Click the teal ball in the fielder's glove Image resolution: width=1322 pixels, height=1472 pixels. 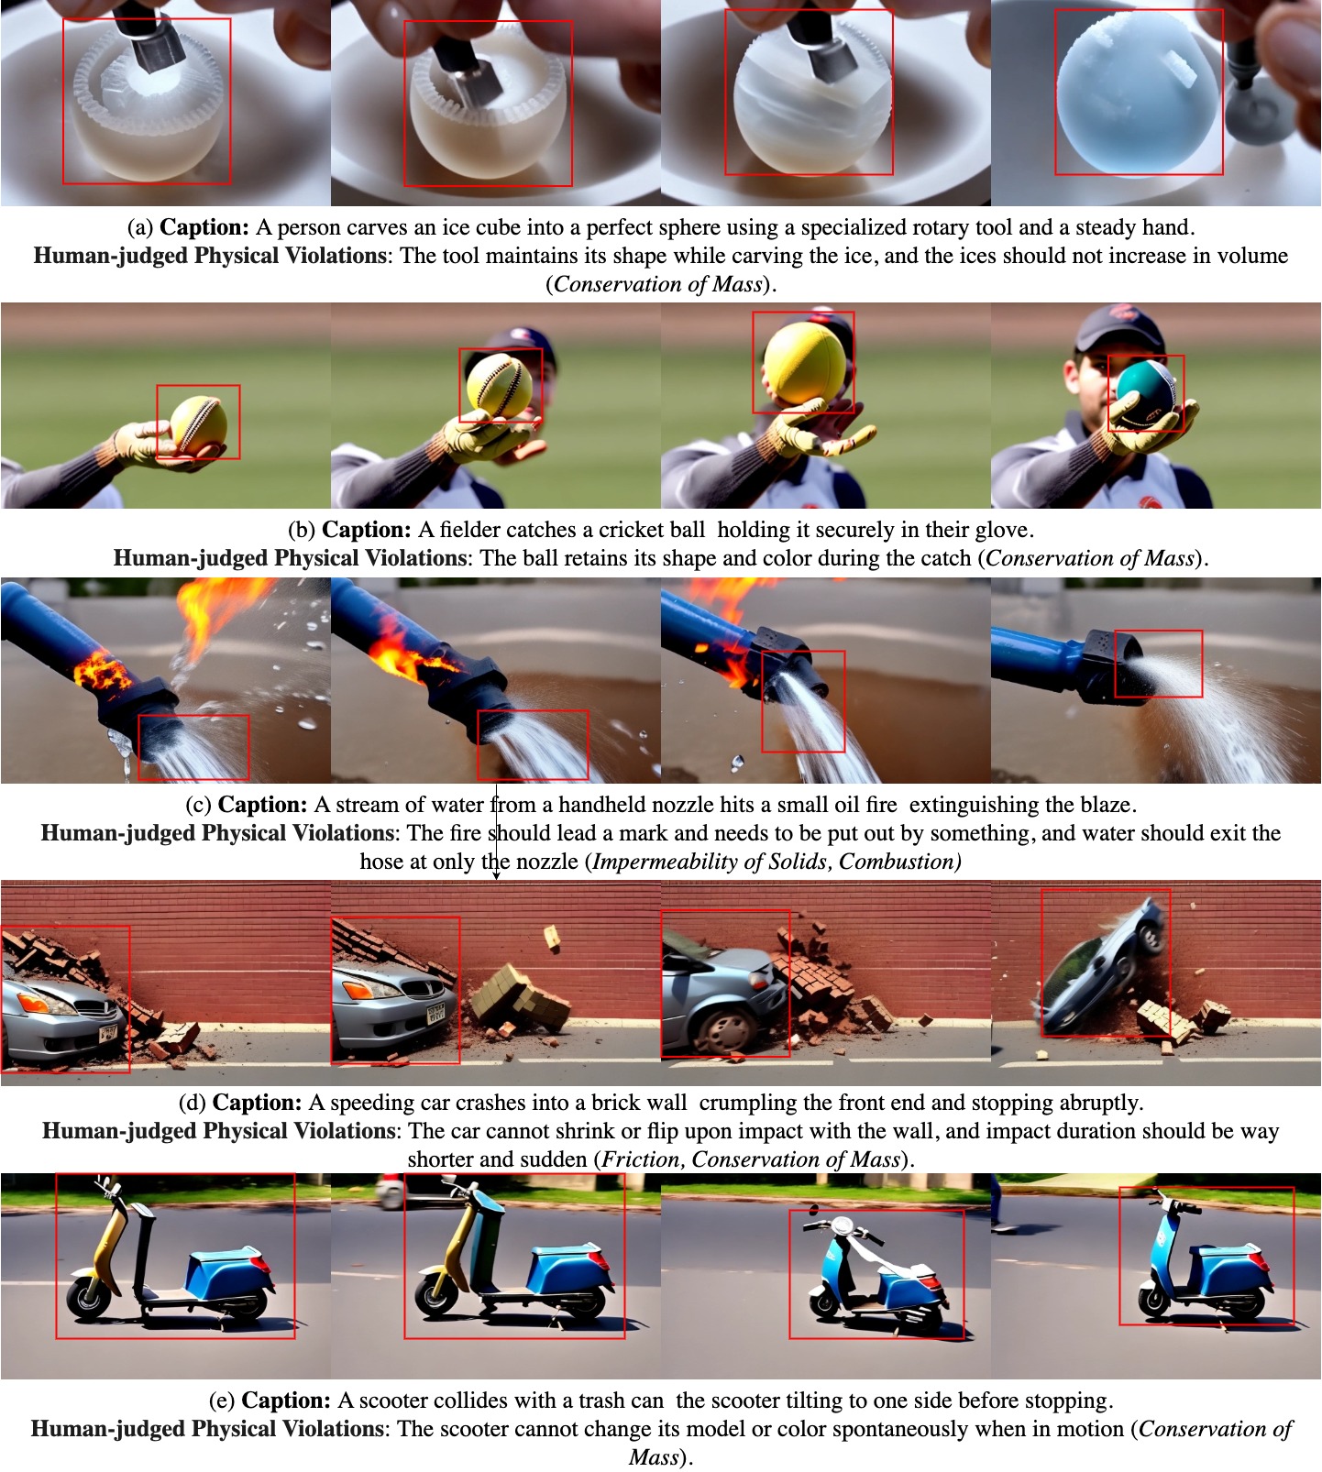(1145, 394)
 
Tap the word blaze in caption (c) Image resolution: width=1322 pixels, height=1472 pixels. (1107, 805)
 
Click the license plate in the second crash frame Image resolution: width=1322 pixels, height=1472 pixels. (435, 1013)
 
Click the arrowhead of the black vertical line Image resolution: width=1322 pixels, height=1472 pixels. (496, 875)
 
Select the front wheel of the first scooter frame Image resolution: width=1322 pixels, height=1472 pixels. (89, 1297)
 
